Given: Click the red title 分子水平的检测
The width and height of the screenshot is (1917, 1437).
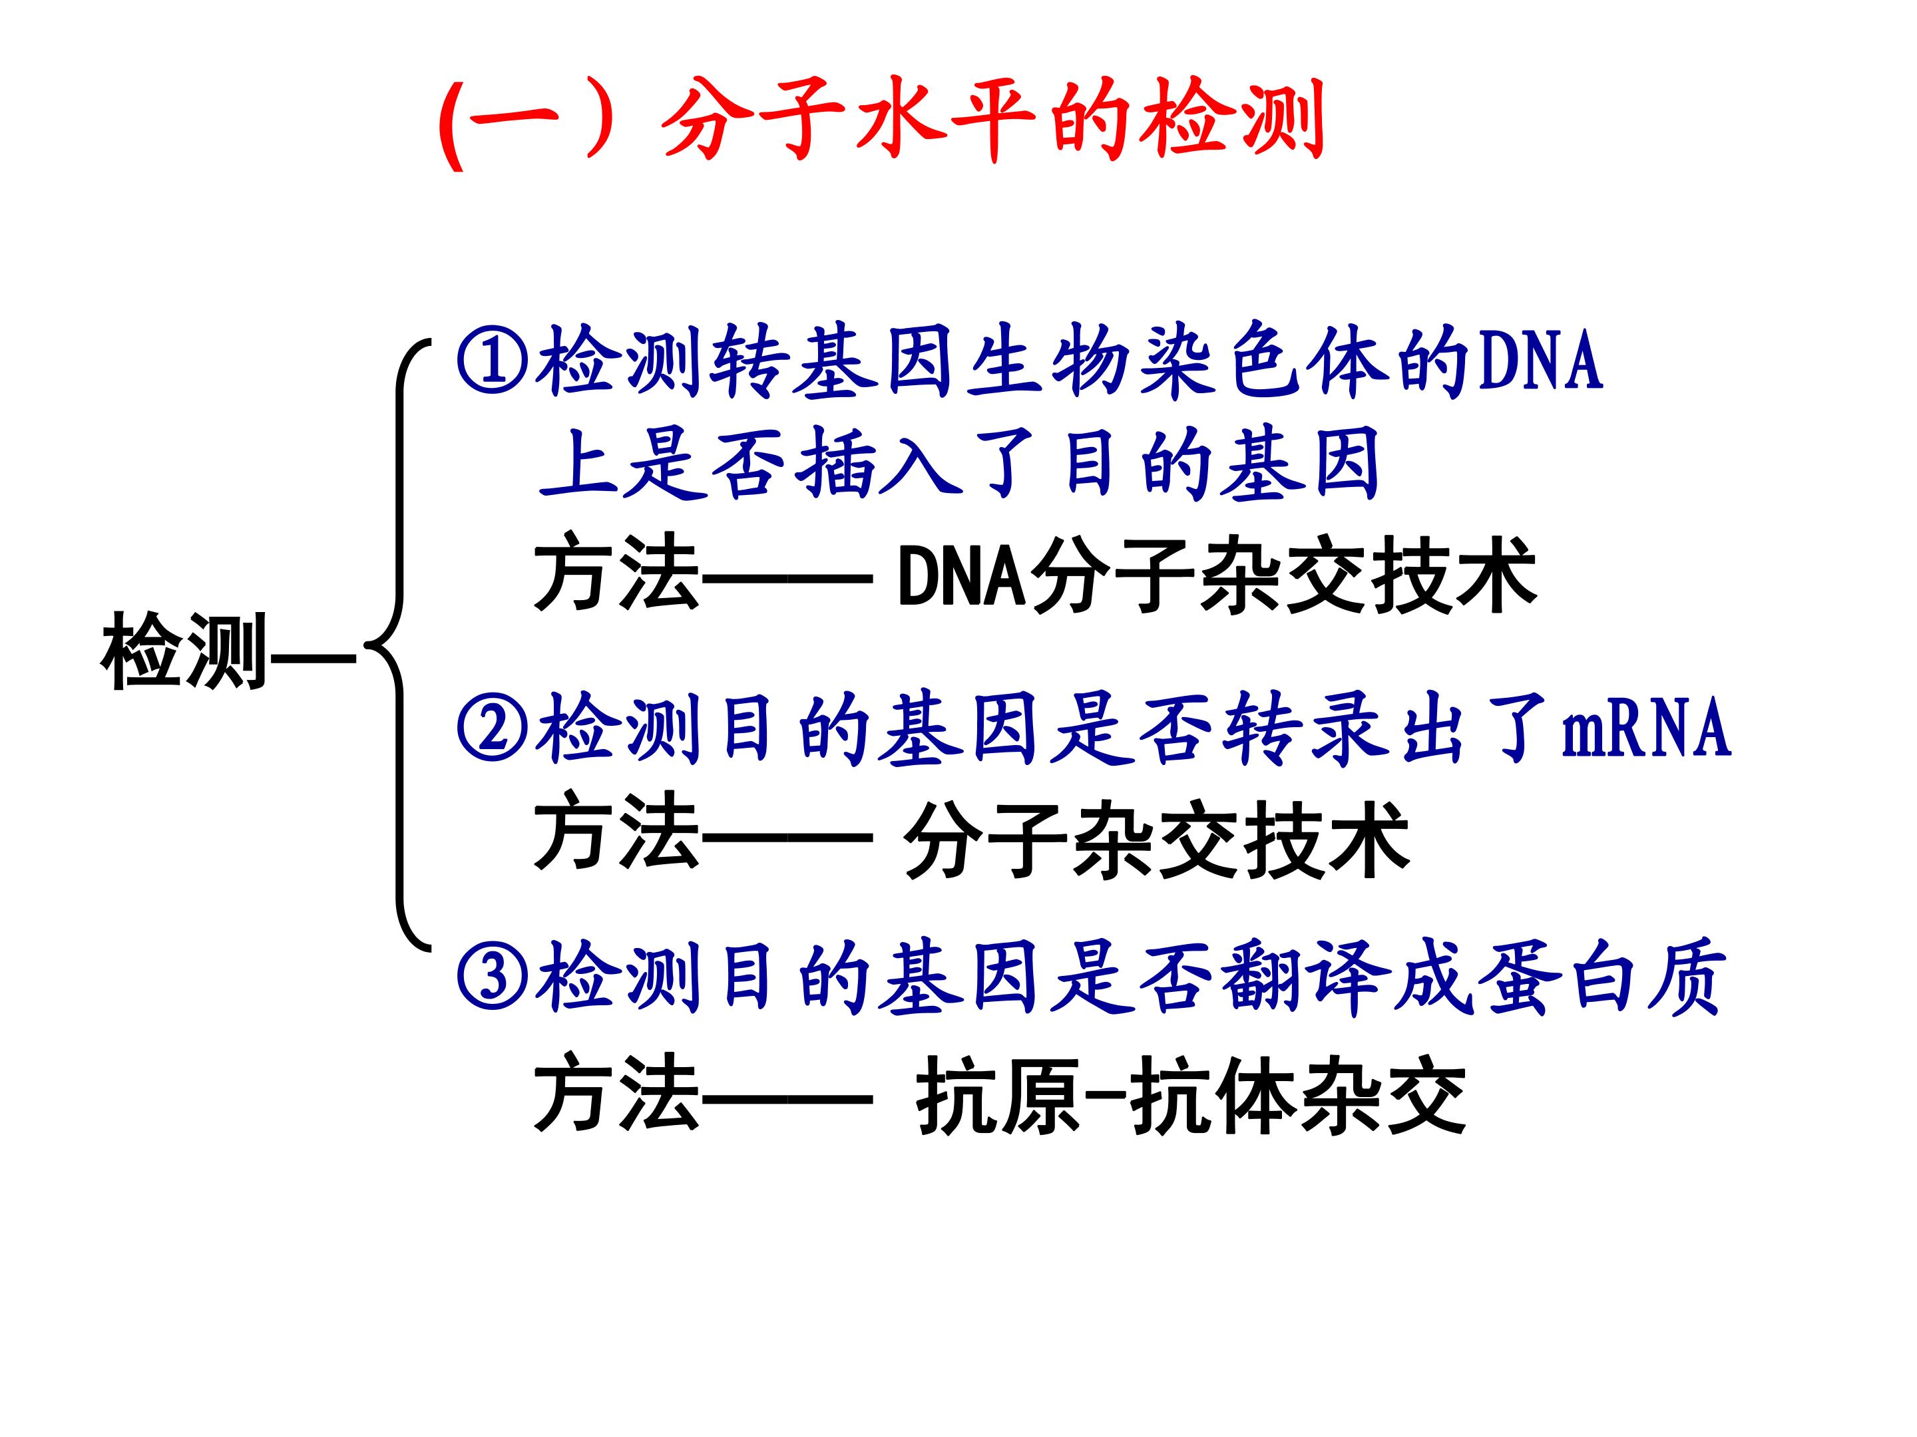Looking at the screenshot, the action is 993,120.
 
